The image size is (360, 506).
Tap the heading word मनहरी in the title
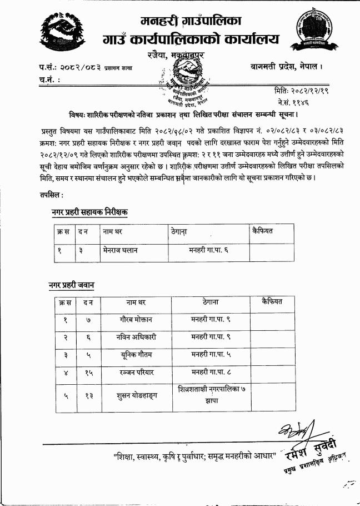point(161,22)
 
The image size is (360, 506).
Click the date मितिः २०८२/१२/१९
point(302,91)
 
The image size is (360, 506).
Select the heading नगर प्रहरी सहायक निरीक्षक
point(89,212)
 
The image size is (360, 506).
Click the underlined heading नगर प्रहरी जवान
point(71,285)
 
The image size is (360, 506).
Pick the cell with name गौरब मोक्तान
point(139,320)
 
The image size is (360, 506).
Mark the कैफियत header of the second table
point(272,302)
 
